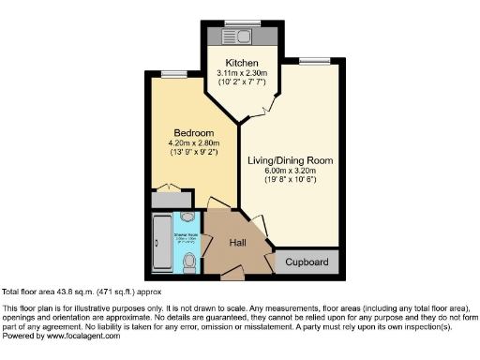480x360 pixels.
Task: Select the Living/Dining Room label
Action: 290,160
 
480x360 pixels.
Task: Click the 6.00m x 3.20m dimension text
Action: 290,171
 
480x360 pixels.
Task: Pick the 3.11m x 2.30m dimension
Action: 242,73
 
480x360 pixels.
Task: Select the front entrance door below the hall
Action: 231,276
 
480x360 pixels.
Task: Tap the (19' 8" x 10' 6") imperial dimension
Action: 290,181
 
